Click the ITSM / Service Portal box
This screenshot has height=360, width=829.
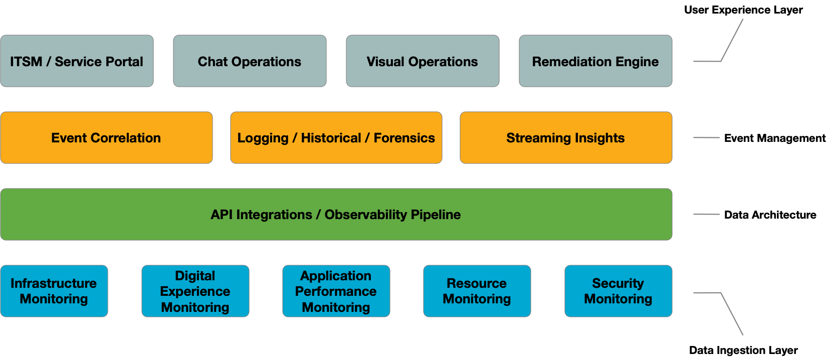point(77,61)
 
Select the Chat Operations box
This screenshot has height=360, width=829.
point(250,61)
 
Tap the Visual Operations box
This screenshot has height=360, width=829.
point(423,61)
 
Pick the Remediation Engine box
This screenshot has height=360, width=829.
point(595,61)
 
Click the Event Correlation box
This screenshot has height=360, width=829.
point(107,138)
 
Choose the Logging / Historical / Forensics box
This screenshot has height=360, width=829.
point(336,138)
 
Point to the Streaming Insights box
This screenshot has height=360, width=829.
point(566,138)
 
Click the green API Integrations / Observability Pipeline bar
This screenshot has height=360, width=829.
point(336,215)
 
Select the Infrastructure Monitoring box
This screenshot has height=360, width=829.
point(54,291)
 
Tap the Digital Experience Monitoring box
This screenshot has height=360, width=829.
point(195,291)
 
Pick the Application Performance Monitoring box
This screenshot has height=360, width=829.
point(336,291)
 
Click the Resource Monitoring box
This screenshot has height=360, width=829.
point(477,291)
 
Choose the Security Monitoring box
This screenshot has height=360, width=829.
point(618,291)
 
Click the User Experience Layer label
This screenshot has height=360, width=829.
point(743,10)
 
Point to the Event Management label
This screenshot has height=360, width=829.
point(774,138)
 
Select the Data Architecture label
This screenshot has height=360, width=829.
point(770,215)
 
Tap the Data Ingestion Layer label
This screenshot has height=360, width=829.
point(743,350)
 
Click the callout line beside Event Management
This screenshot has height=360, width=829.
point(706,138)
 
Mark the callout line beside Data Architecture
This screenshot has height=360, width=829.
point(706,214)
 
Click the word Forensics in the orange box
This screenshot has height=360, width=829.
point(404,138)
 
